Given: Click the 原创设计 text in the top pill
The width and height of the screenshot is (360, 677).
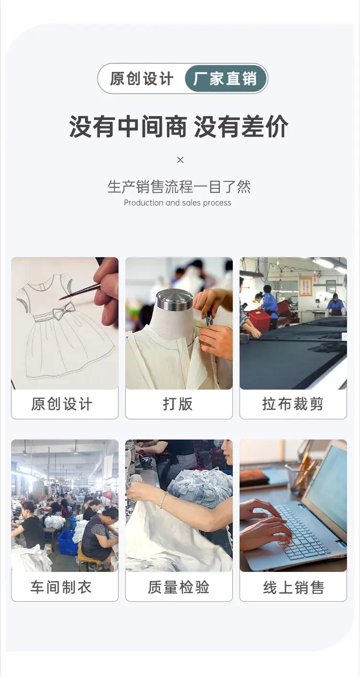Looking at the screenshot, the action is click(x=142, y=79).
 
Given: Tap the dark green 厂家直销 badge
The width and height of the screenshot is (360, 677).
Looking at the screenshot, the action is click(x=226, y=79).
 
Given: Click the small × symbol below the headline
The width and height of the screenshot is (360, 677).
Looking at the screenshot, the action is click(x=180, y=160).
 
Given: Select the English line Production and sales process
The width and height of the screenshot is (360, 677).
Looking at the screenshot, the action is click(x=178, y=203).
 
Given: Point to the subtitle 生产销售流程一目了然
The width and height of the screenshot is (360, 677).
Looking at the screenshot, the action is click(x=179, y=187).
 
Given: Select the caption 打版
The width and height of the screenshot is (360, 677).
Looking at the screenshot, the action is click(x=178, y=404).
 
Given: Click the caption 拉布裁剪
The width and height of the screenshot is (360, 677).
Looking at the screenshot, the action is click(x=293, y=404).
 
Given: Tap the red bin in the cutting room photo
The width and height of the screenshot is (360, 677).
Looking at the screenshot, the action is click(x=259, y=320).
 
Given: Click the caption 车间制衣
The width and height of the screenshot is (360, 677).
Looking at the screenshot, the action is click(x=61, y=587).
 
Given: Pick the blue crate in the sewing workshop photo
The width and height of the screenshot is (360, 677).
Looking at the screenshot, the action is click(x=67, y=543).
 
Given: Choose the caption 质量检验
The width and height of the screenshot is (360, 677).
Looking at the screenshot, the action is click(x=179, y=587).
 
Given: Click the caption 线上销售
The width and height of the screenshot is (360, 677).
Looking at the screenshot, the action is click(x=293, y=588).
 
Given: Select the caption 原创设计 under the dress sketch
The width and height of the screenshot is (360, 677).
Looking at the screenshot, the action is click(x=61, y=404).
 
